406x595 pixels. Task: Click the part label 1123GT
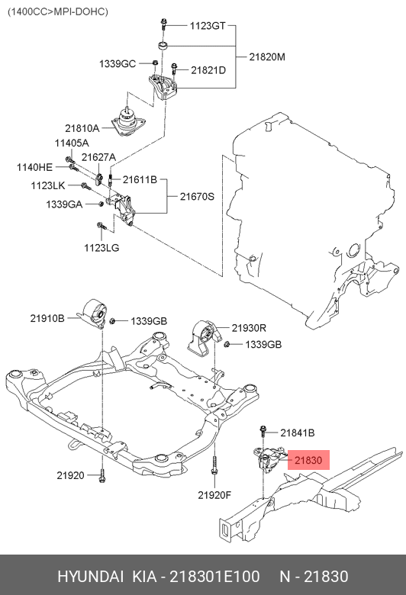207,25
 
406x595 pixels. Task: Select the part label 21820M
267,57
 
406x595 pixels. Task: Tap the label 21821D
208,70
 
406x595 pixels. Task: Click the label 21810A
82,127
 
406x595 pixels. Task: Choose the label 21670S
197,196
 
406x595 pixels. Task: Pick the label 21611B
140,179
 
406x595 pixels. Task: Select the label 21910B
47,317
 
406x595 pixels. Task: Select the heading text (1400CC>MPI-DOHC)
58,11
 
